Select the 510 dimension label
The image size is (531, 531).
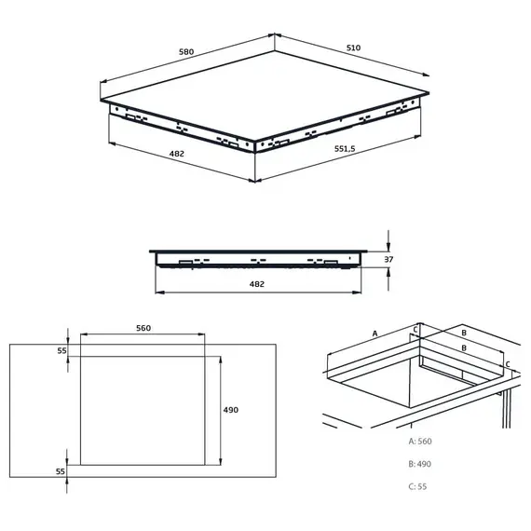coord(353,48)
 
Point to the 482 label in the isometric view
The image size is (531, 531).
coord(176,154)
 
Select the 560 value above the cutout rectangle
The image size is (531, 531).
coord(143,329)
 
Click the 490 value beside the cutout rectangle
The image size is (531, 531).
coord(231,410)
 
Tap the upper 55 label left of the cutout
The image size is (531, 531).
coord(61,350)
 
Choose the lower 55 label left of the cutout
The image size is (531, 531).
coord(61,472)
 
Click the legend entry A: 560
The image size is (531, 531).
coord(419,442)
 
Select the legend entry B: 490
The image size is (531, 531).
coord(419,464)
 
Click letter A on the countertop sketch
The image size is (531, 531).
coord(374,333)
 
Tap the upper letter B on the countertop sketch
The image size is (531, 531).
coord(463,331)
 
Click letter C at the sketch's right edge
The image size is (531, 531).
coord(508,364)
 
